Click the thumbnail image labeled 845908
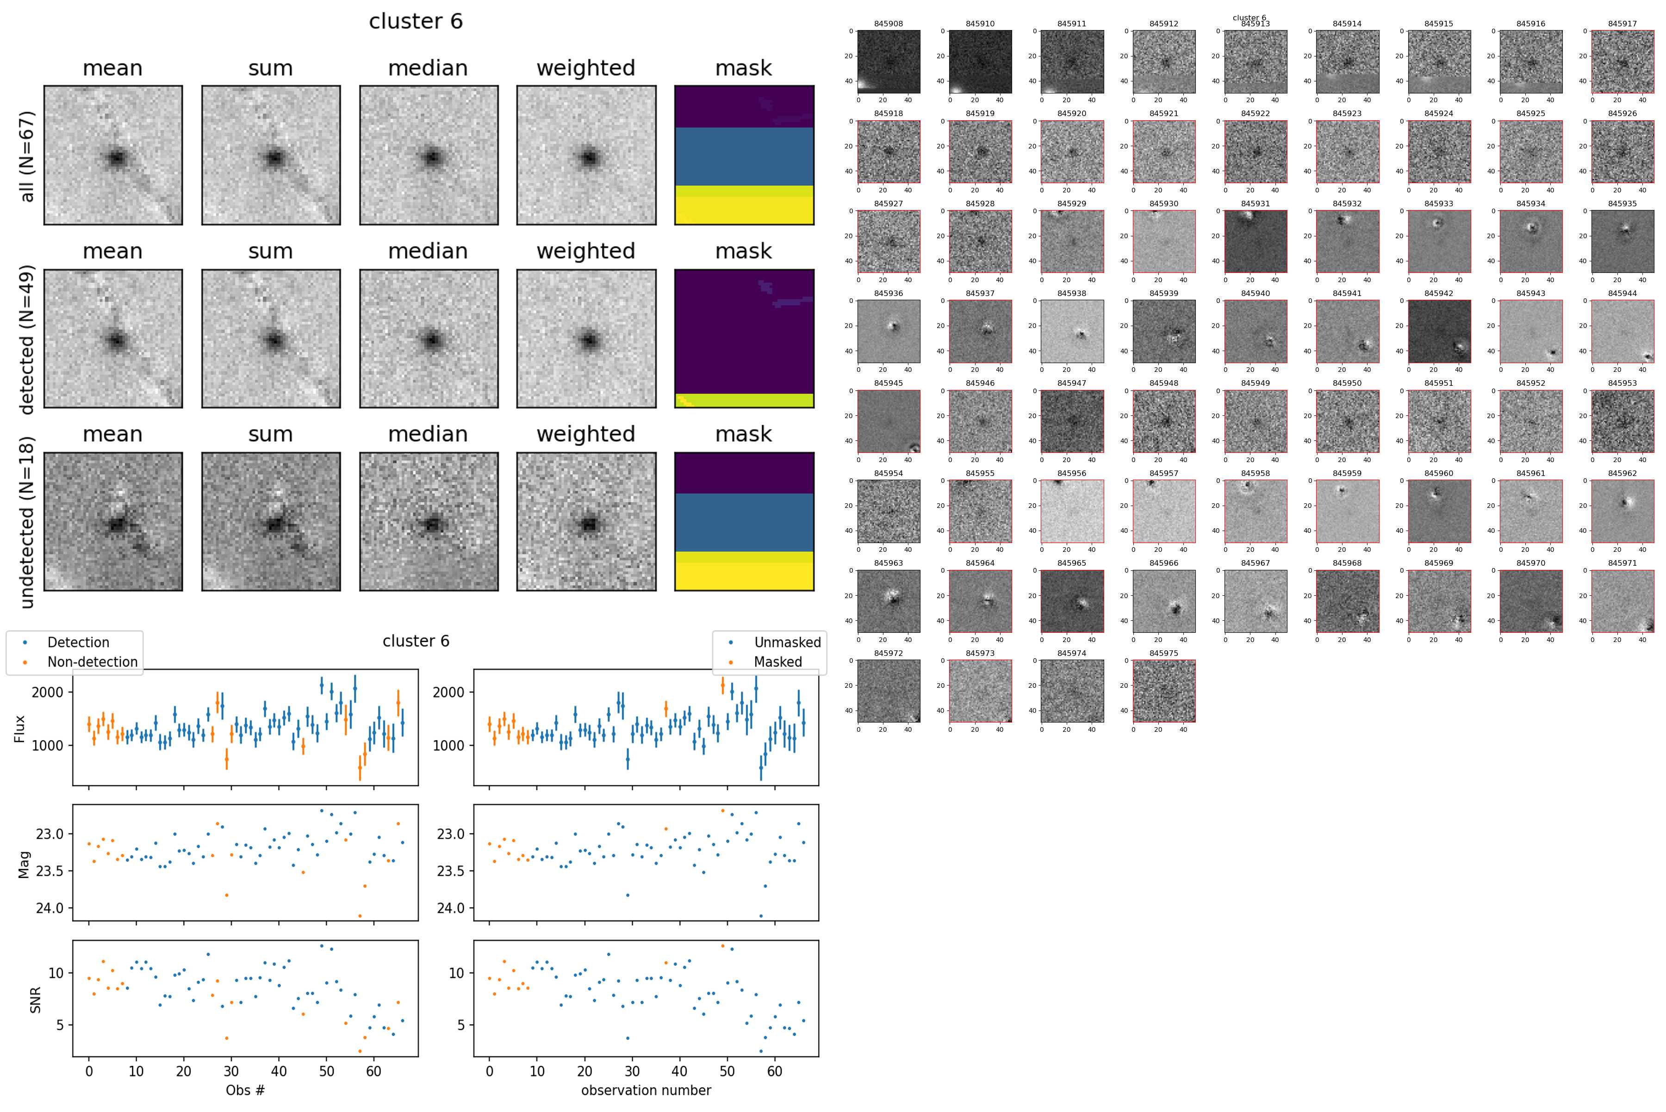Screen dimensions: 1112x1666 889,62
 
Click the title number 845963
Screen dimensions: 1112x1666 889,563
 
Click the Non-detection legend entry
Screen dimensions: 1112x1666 92,661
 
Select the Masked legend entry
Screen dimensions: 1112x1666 777,661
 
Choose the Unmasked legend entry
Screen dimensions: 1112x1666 787,642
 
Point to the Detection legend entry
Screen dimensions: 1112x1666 78,642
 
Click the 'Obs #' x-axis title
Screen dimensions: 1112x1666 245,1090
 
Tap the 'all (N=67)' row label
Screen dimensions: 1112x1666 27,156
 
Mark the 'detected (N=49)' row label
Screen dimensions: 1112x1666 27,339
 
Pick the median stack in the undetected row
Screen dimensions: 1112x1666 429,521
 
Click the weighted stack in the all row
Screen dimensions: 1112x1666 586,155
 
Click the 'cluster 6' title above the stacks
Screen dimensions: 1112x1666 416,21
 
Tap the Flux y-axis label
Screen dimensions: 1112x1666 20,729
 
